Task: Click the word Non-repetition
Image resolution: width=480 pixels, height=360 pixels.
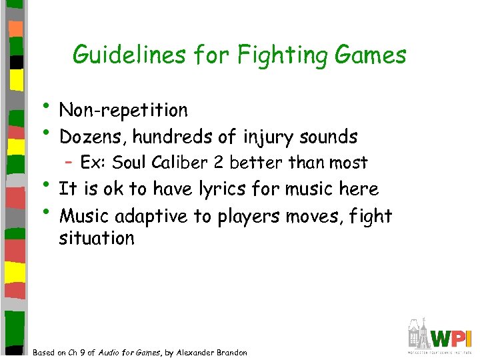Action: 123,109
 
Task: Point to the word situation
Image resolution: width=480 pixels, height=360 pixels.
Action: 97,238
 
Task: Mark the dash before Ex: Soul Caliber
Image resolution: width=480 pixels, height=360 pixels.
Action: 69,162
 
